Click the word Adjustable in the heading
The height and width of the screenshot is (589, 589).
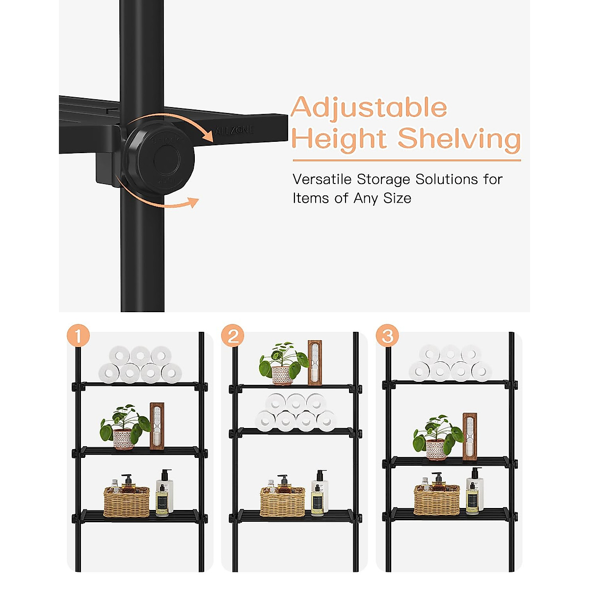369,108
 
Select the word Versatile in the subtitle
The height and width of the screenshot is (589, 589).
322,180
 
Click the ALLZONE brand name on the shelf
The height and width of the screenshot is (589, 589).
234,131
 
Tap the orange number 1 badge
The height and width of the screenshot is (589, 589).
78,336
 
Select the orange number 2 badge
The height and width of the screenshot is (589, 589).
233,336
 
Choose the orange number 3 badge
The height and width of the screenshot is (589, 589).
387,336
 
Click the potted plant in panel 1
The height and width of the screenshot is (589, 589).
124,427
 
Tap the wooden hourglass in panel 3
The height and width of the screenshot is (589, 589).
470,437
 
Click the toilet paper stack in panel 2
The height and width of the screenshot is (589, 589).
295,412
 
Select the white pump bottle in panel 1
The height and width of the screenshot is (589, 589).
164,493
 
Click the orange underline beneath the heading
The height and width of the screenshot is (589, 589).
406,160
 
